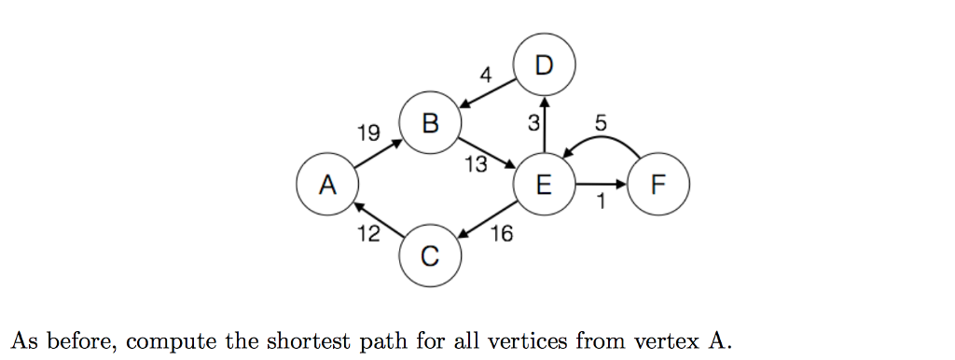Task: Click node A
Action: tap(325, 184)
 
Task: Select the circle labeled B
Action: tap(429, 123)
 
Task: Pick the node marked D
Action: tap(544, 64)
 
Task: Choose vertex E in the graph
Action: tap(544, 184)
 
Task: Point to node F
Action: tap(659, 184)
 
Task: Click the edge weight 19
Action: tap(368, 133)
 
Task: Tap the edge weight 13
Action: tap(476, 165)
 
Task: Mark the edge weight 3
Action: tap(533, 122)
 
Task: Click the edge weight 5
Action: tap(599, 121)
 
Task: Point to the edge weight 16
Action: tap(501, 233)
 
